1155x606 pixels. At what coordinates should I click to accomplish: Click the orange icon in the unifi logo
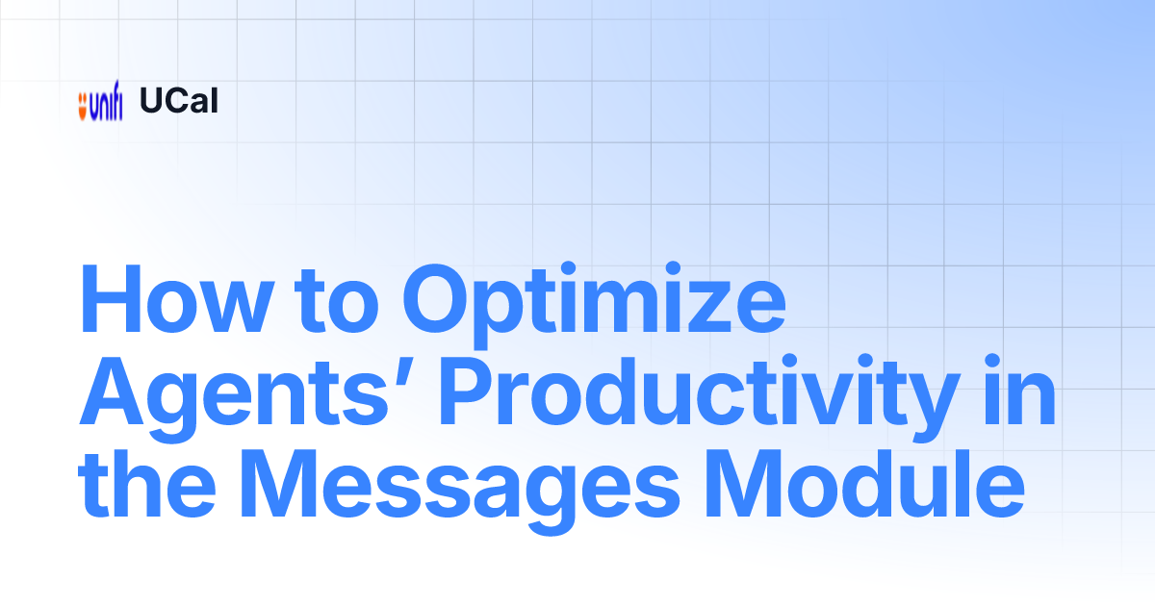click(x=83, y=102)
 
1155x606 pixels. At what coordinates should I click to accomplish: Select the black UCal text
click(x=179, y=101)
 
